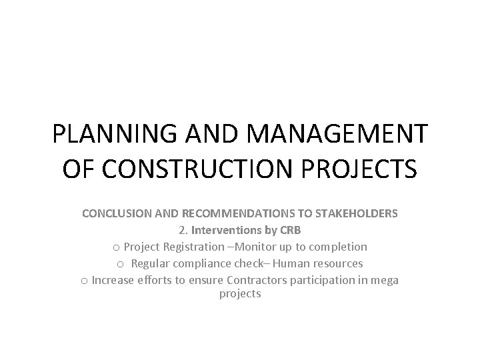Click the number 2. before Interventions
(x=183, y=230)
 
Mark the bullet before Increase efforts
(x=84, y=280)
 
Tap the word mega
(x=385, y=280)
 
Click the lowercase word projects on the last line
(x=240, y=293)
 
